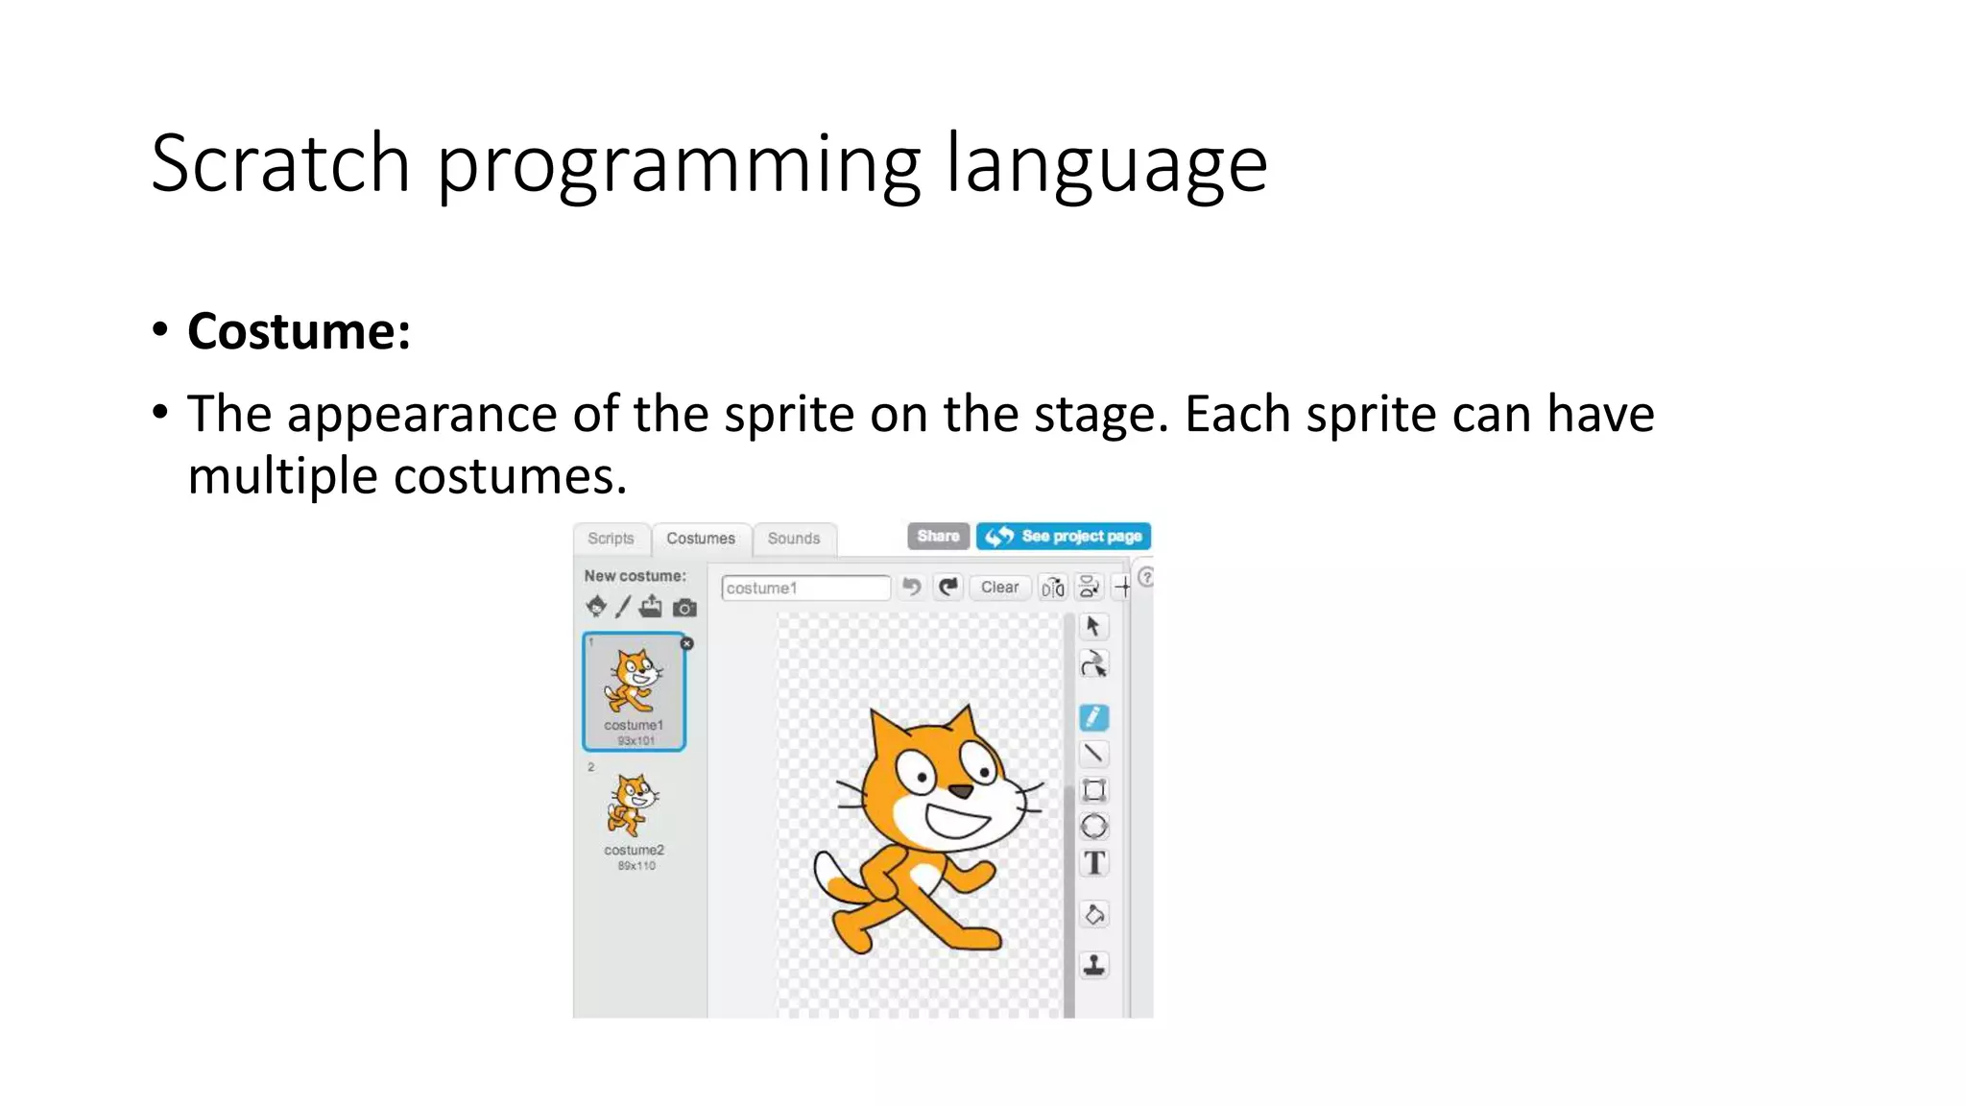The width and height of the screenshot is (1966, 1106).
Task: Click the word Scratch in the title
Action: [x=280, y=164]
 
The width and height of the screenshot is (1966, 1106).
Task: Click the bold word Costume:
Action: [x=299, y=332]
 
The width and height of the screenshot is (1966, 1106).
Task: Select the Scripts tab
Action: [x=611, y=539]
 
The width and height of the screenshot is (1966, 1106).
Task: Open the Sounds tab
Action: [x=793, y=539]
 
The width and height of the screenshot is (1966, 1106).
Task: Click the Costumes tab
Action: [x=701, y=539]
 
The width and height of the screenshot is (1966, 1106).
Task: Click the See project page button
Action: [x=1064, y=536]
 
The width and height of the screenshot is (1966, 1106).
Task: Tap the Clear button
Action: [x=999, y=587]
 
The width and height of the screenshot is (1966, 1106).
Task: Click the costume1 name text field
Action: [x=804, y=588]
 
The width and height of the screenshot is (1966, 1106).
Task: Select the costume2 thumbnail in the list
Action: [x=634, y=816]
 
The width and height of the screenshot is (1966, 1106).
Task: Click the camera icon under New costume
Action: [x=684, y=608]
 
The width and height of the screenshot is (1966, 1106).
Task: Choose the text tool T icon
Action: [x=1094, y=863]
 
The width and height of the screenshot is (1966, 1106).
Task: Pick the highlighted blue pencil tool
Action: [x=1093, y=717]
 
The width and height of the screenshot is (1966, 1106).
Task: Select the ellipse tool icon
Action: [x=1094, y=827]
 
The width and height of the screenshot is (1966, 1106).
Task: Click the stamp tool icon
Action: [x=1094, y=965]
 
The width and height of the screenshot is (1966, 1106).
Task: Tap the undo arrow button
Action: [x=912, y=587]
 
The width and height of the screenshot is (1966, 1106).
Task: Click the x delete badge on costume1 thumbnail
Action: [x=686, y=643]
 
